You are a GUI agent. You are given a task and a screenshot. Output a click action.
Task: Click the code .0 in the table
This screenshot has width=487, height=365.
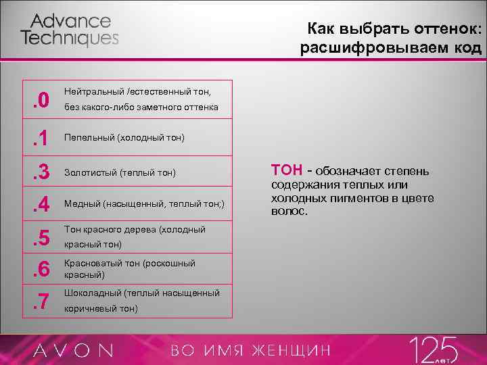(40, 101)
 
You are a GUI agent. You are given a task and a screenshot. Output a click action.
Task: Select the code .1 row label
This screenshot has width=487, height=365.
(40, 138)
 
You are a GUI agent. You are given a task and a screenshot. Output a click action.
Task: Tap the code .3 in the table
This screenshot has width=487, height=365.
(40, 173)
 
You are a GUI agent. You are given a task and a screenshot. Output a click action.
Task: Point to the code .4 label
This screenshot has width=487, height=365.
(40, 205)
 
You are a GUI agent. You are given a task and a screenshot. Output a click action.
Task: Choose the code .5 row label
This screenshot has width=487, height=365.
(40, 238)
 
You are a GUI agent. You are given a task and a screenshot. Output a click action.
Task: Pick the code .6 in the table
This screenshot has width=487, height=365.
(40, 270)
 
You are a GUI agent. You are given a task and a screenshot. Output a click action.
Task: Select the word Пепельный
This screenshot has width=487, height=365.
(89, 138)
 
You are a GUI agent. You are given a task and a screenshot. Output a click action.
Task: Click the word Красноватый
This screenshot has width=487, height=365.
(92, 264)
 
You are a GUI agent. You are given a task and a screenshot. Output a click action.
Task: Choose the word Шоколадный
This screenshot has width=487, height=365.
(92, 293)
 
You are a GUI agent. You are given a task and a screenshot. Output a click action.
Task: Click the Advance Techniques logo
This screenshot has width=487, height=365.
(70, 30)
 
